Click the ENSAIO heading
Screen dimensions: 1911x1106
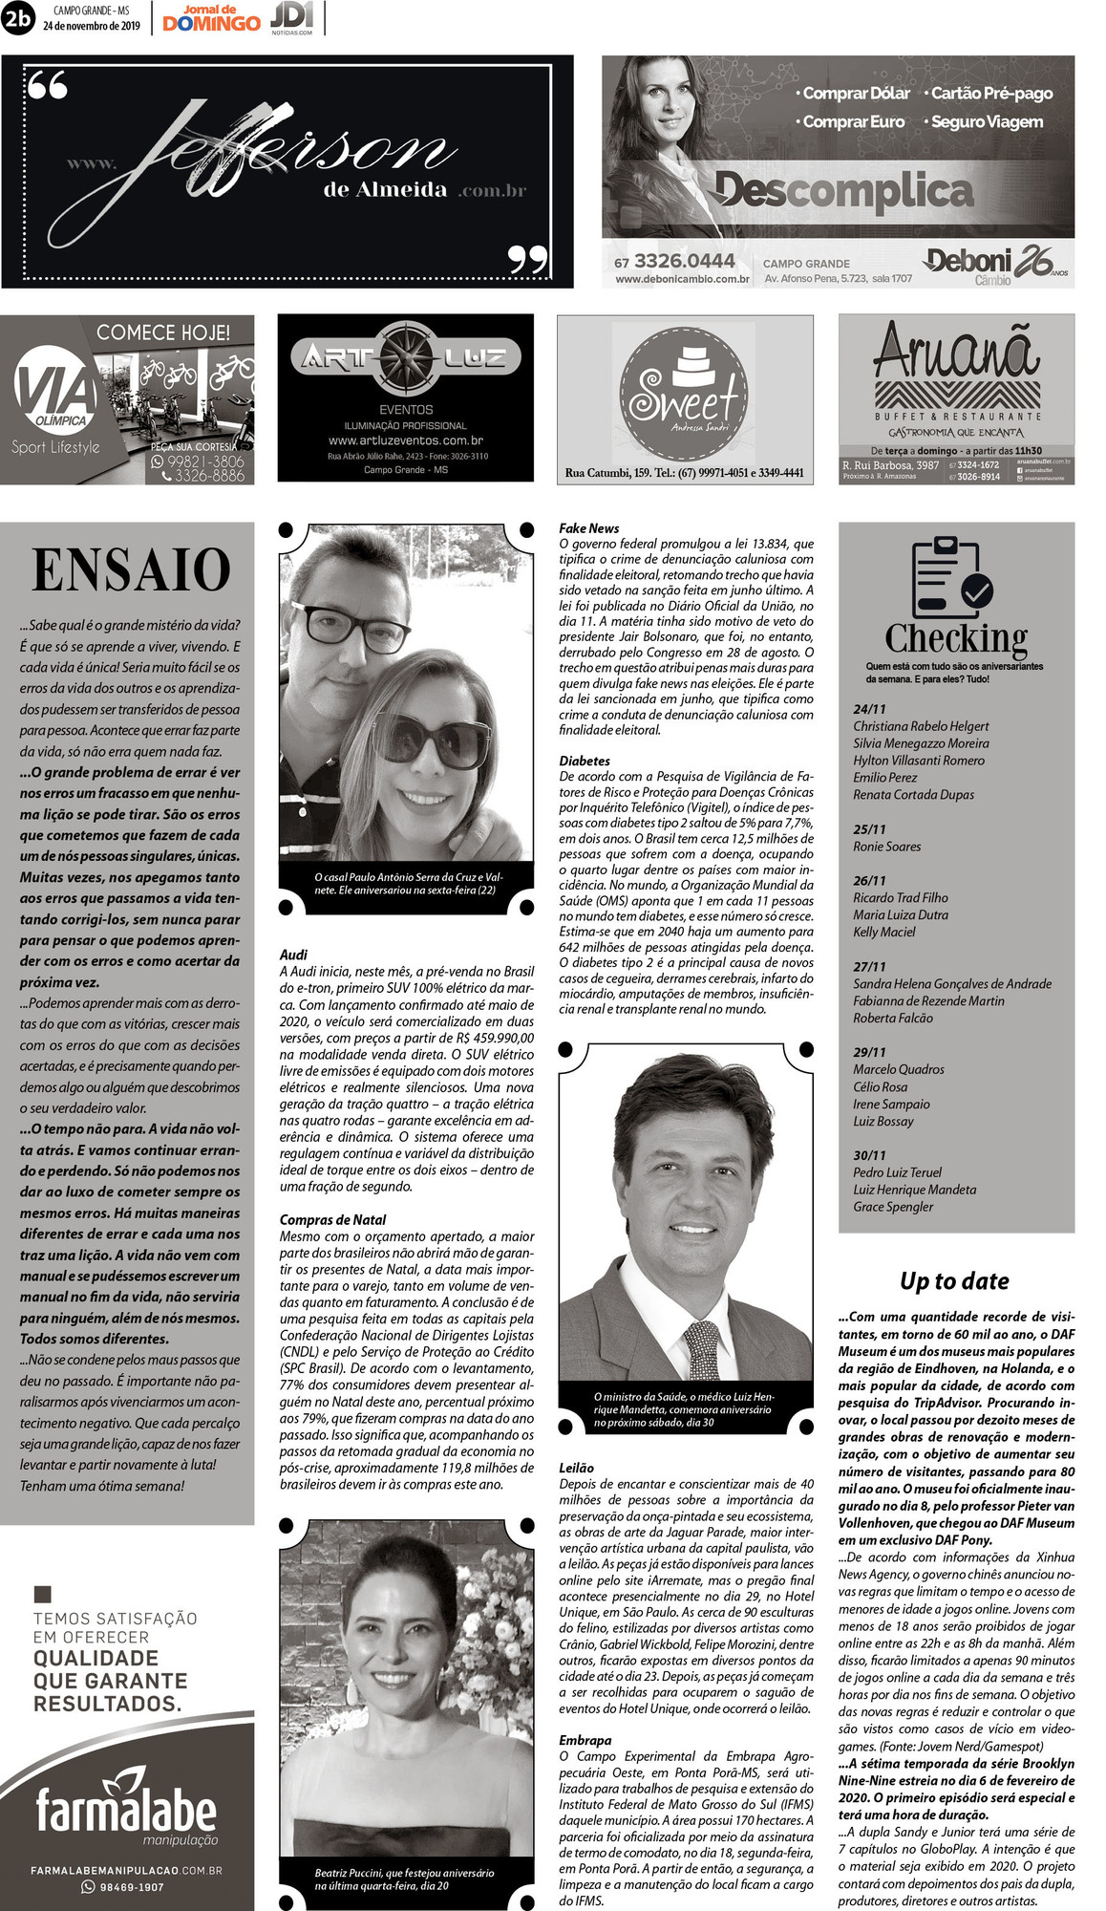click(131, 570)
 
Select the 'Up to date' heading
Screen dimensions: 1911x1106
click(954, 1280)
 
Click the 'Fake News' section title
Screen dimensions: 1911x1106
click(588, 528)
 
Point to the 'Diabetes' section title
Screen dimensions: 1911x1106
click(585, 761)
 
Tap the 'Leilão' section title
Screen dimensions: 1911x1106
click(576, 1468)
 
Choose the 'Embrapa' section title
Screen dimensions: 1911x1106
click(585, 1740)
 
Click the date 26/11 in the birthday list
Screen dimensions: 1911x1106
click(869, 880)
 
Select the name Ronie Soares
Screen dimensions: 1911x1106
click(886, 847)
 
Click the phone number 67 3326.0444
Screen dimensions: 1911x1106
click(674, 262)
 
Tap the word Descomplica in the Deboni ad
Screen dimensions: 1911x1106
click(843, 191)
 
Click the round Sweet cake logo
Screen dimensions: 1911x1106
click(684, 390)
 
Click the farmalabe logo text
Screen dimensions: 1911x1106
click(126, 1811)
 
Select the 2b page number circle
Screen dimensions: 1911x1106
click(18, 18)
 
